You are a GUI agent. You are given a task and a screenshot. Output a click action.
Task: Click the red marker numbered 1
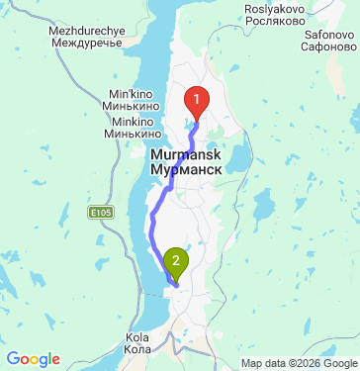click(x=198, y=101)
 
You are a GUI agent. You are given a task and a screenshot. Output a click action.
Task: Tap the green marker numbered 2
click(x=176, y=262)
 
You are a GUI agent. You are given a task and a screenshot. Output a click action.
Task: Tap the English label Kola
click(x=137, y=337)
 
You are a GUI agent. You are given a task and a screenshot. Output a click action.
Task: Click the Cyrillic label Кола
click(x=137, y=349)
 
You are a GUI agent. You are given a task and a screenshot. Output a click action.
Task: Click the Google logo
click(x=33, y=359)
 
